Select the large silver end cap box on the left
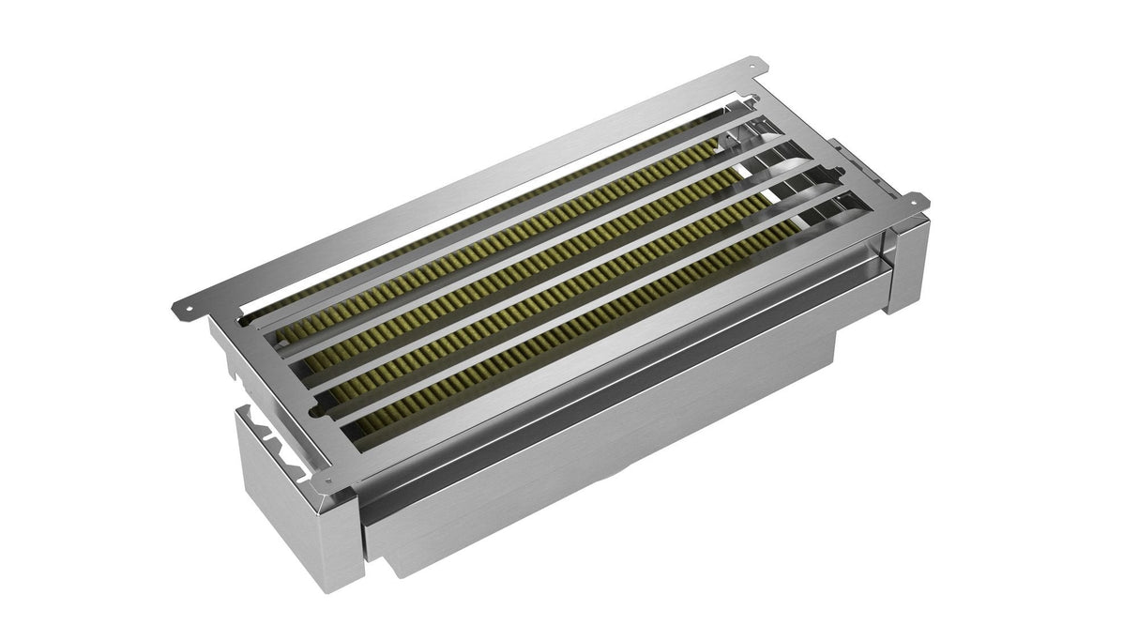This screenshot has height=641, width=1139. (281, 488)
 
